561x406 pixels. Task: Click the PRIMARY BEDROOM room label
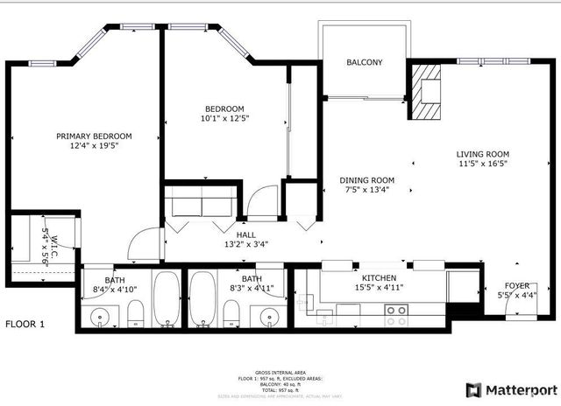(x=94, y=136)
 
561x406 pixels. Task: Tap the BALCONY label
(x=364, y=63)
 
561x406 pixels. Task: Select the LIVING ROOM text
(x=482, y=154)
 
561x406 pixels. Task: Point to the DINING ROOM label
(x=367, y=180)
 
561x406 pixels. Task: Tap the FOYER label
(x=516, y=285)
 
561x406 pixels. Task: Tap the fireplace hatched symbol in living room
(x=428, y=90)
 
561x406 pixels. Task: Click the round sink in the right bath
(x=271, y=314)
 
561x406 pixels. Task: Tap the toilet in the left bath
(x=136, y=312)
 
